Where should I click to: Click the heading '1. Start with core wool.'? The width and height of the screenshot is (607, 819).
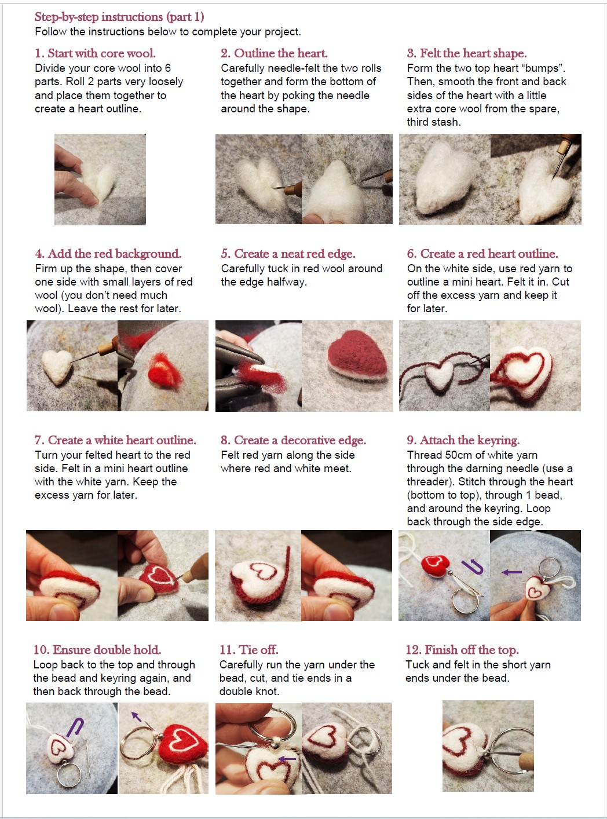tap(95, 53)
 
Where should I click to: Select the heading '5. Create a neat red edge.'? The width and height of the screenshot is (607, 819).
tap(288, 254)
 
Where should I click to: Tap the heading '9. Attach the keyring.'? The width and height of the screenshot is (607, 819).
tap(463, 440)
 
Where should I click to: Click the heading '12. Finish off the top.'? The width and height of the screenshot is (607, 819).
tap(462, 650)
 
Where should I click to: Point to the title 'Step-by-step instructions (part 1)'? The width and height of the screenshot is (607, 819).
tap(119, 17)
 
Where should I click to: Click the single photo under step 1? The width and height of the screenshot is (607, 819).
tap(100, 179)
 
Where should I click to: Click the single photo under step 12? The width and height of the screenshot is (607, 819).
tap(488, 746)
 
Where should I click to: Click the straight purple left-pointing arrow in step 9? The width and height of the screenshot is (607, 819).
tap(511, 572)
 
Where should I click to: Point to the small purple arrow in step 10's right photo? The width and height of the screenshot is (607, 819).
tap(137, 718)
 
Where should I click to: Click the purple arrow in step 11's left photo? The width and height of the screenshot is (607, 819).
tap(287, 758)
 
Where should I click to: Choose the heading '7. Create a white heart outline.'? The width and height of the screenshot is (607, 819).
tap(115, 440)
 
